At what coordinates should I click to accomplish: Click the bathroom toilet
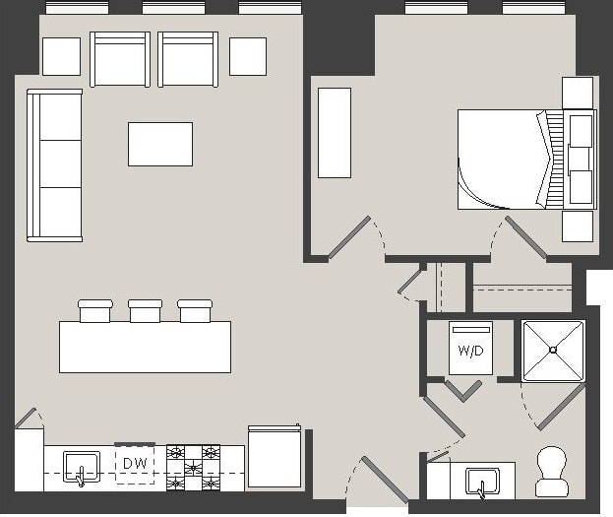(552, 471)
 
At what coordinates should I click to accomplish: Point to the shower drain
(553, 349)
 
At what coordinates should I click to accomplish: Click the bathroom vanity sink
(482, 480)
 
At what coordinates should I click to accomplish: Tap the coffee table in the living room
(159, 144)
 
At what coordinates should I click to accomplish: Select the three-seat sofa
(54, 164)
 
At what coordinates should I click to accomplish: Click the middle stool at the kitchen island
(145, 311)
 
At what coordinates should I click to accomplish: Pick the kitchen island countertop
(145, 347)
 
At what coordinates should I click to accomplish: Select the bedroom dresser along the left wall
(334, 133)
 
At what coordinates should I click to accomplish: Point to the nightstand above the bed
(578, 93)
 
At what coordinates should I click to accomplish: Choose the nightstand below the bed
(578, 226)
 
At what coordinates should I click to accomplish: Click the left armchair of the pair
(120, 60)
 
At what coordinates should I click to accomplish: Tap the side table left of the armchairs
(61, 56)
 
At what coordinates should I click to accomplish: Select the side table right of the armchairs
(248, 56)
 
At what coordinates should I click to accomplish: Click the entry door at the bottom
(384, 480)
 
